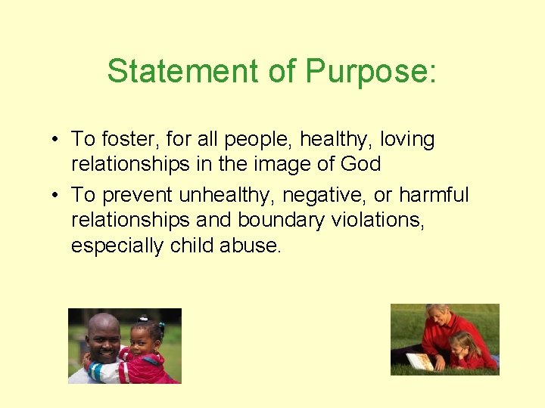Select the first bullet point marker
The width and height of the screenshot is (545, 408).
point(57,140)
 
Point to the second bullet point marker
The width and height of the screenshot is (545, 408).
point(57,196)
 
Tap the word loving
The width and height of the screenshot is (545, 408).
point(407,141)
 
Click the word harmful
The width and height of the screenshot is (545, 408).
point(434,196)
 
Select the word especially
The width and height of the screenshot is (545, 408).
point(118,246)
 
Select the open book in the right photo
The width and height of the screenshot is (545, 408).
point(420,362)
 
